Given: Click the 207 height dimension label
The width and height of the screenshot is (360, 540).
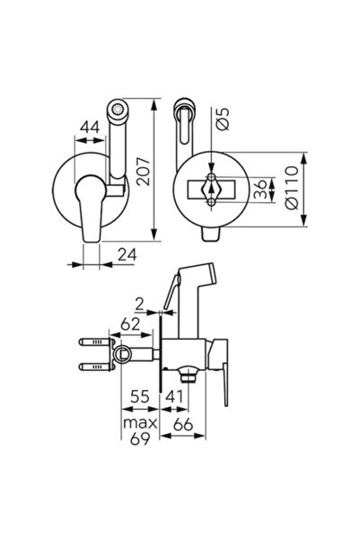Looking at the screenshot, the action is pyautogui.click(x=144, y=172).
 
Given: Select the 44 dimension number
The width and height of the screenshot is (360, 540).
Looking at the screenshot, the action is pyautogui.click(x=90, y=127).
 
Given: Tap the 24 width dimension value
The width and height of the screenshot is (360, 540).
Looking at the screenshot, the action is pyautogui.click(x=127, y=255).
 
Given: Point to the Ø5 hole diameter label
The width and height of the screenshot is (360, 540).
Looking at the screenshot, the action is pyautogui.click(x=223, y=120).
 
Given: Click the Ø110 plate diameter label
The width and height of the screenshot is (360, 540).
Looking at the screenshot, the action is pyautogui.click(x=292, y=188).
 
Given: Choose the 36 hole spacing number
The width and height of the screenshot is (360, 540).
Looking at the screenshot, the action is pyautogui.click(x=260, y=189).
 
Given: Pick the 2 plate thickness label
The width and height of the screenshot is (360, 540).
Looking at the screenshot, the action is pyautogui.click(x=139, y=305).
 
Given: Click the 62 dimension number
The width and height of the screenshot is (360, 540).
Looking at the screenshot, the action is pyautogui.click(x=130, y=324).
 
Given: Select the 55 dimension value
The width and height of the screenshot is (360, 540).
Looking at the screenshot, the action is pyautogui.click(x=140, y=397).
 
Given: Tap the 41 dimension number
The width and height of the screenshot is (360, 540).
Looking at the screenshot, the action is pyautogui.click(x=175, y=397).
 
